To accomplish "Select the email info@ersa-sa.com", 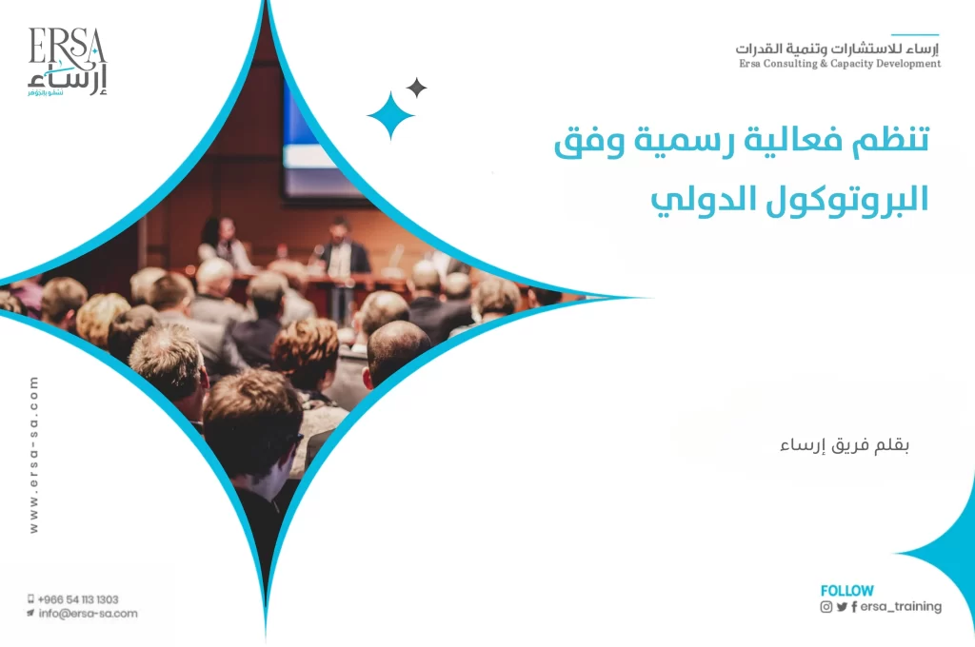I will [x=87, y=614].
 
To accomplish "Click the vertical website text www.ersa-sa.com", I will [x=34, y=454].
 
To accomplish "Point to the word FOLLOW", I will [x=846, y=591].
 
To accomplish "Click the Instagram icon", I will [x=826, y=607].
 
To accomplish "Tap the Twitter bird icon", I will [x=842, y=607].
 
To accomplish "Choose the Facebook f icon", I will [x=854, y=607].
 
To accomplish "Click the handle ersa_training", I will [x=901, y=606].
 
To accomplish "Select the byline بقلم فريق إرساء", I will [x=846, y=445].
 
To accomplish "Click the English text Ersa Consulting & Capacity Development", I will [x=839, y=64].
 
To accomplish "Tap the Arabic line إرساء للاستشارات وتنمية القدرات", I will [x=838, y=48].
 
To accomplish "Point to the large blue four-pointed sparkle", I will [x=391, y=116].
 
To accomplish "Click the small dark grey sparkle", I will [x=416, y=88].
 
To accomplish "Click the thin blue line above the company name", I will [x=914, y=35].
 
